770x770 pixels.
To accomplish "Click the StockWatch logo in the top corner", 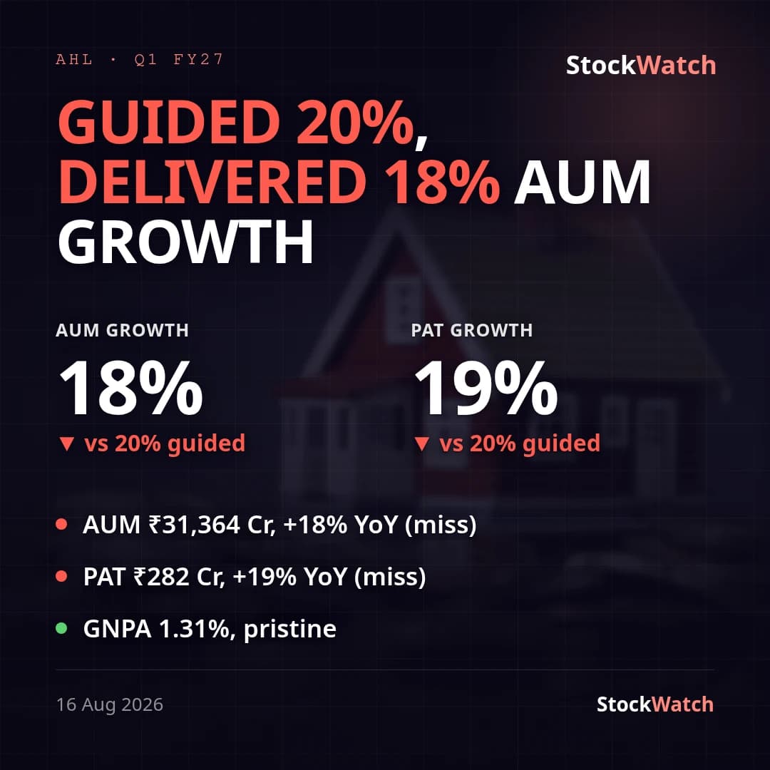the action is (x=641, y=66).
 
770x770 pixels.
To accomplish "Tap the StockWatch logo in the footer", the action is (x=654, y=704).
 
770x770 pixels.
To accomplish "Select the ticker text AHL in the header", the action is (x=74, y=59).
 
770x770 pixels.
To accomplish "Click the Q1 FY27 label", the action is (x=179, y=59).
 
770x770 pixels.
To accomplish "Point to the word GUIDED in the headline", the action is (x=168, y=121).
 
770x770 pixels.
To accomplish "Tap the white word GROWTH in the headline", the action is (x=185, y=242).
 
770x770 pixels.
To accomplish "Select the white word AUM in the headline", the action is (x=582, y=182).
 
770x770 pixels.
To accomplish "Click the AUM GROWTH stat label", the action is (x=123, y=330).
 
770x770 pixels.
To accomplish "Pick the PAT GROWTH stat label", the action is (x=472, y=330).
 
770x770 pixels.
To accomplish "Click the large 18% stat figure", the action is (x=130, y=388).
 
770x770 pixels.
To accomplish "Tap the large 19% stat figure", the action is (x=486, y=388).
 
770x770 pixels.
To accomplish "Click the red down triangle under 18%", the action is (x=66, y=443).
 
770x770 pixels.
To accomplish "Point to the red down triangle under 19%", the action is (x=422, y=443).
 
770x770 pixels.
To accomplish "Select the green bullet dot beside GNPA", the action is (x=61, y=628).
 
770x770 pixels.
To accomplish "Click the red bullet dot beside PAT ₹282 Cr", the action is (x=61, y=576).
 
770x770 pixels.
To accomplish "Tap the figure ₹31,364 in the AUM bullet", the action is (x=194, y=525).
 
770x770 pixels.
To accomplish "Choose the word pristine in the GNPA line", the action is (x=289, y=629).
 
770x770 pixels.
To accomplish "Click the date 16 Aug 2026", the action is (x=110, y=704).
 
